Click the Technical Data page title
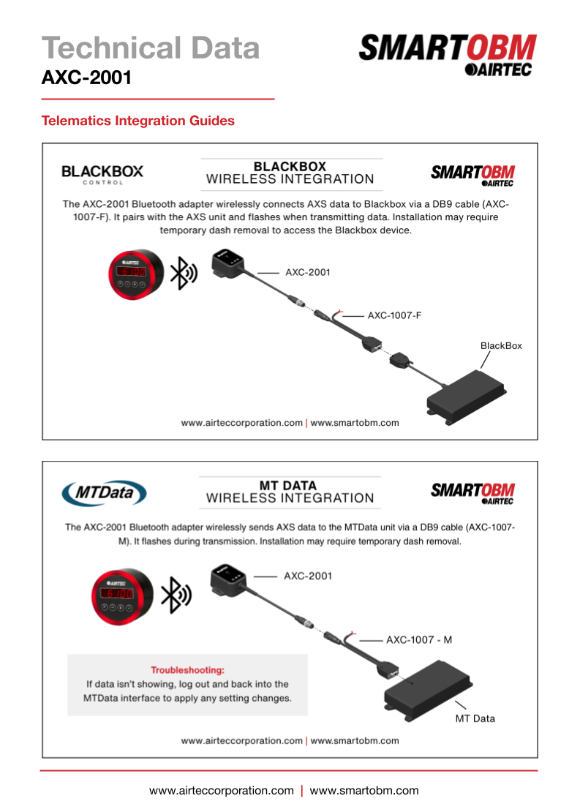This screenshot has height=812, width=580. click(151, 48)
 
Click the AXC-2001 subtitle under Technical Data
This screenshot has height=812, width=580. click(87, 77)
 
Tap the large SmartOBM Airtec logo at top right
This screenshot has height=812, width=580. click(447, 54)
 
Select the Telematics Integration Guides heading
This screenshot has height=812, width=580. click(138, 121)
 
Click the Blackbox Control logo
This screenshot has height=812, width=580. click(102, 174)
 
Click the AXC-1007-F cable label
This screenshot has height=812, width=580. click(395, 316)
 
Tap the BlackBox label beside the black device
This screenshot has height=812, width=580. click(501, 345)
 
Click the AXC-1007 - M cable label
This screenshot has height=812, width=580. click(419, 639)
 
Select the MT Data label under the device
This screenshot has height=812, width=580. click(475, 718)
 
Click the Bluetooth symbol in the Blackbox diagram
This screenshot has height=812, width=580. click(183, 274)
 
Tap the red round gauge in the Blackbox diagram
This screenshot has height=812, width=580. click(136, 274)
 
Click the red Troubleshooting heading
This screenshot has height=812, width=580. click(187, 669)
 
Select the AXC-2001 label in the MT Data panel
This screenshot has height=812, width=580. click(308, 576)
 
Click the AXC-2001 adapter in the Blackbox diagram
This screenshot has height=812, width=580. click(231, 265)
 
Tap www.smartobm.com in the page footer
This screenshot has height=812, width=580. click(364, 790)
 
